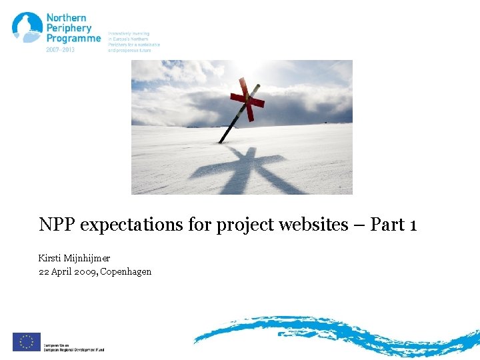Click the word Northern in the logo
(66, 17)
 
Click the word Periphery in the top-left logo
(69, 28)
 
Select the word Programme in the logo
(73, 39)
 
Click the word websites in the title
(313, 225)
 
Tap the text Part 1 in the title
(393, 225)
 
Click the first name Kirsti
(51, 257)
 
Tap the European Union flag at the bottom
(27, 341)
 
